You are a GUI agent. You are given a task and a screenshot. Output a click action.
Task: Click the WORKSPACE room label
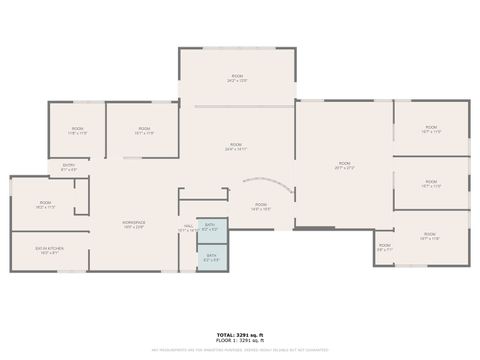point(134,221)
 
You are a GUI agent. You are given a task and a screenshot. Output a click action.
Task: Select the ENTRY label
point(69,165)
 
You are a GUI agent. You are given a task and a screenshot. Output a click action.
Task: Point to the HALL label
point(188,226)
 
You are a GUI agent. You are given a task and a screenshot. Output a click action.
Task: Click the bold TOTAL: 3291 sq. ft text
point(239,334)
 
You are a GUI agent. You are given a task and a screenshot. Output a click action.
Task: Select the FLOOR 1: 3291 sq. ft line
point(239,340)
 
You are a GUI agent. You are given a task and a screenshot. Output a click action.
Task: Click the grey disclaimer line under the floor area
point(239,350)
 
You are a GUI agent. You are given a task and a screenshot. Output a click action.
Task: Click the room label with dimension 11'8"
point(78,131)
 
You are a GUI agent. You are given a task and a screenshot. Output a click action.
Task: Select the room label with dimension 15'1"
point(144,131)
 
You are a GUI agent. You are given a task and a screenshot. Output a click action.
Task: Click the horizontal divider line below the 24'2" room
point(237,104)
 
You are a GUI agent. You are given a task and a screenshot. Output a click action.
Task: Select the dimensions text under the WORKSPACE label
point(134,227)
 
